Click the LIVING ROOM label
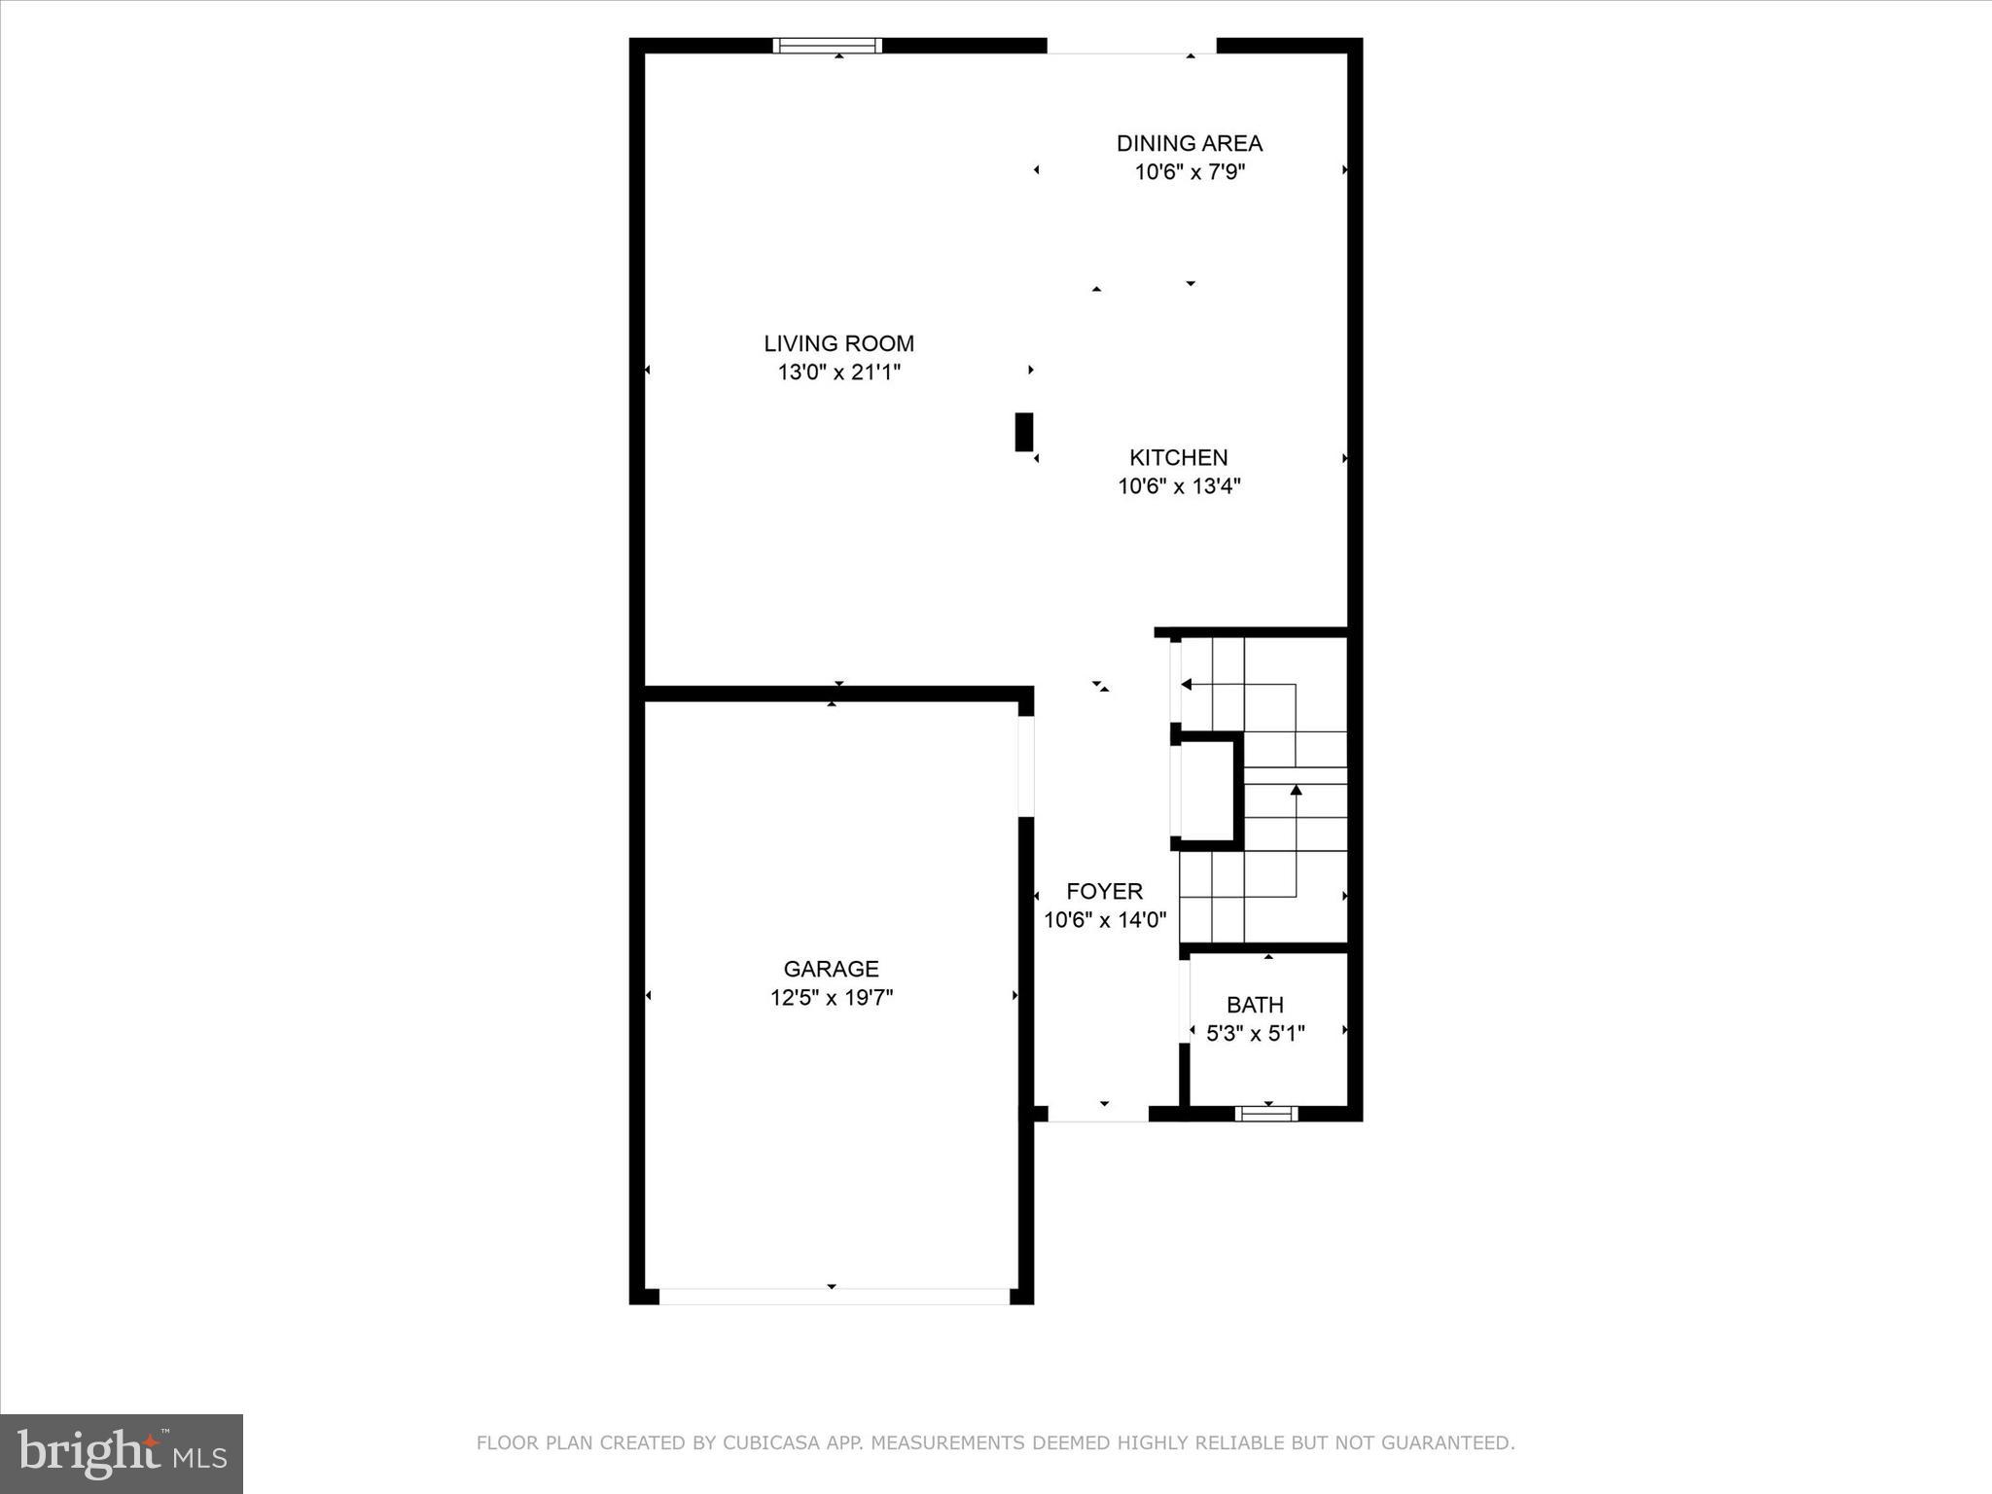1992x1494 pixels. tap(838, 343)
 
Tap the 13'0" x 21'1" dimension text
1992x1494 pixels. tap(838, 372)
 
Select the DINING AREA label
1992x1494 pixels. tap(1189, 143)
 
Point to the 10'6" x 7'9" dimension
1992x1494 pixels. tap(1189, 172)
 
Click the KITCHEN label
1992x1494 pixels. tap(1178, 457)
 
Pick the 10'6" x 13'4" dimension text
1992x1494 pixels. tap(1178, 485)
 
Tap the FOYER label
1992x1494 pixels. tap(1104, 891)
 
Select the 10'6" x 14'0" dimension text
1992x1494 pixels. tap(1104, 919)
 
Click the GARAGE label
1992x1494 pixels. tap(831, 969)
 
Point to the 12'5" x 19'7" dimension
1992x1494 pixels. tap(831, 997)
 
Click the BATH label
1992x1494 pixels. tap(1255, 1005)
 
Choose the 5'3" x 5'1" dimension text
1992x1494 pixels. tap(1255, 1033)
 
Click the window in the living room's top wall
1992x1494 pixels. tap(827, 45)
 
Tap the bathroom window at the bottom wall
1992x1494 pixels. tap(1265, 1113)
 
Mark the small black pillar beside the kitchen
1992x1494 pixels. tap(1023, 432)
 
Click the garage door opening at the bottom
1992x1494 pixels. tap(834, 1296)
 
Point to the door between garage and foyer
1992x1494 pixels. tap(1025, 765)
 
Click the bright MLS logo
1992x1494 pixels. tap(122, 1453)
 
